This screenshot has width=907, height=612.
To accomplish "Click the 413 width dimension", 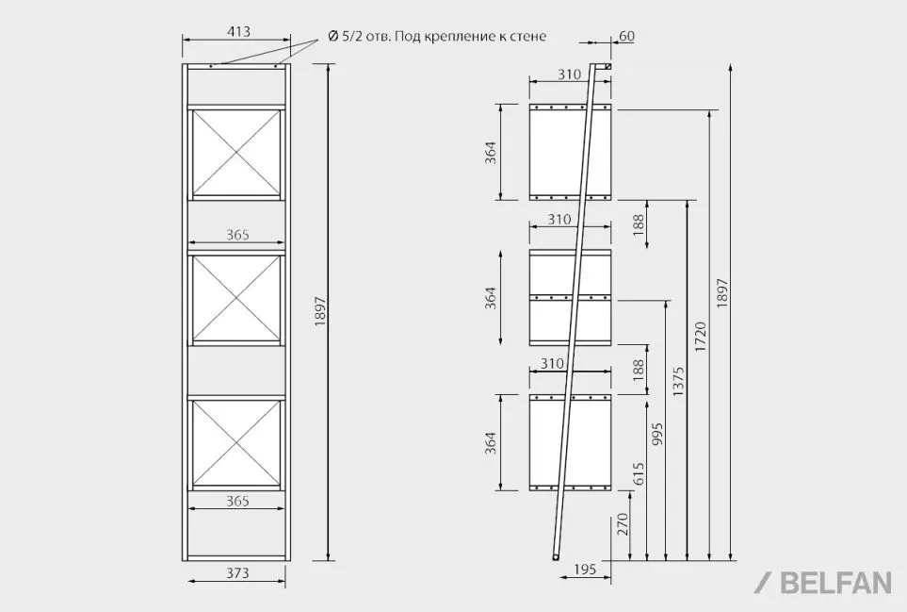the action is (x=238, y=31).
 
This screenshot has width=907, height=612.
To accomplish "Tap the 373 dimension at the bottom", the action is (x=237, y=572).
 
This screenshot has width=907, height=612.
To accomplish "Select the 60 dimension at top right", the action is (x=626, y=36).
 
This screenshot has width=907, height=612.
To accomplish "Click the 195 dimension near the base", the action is (x=585, y=570).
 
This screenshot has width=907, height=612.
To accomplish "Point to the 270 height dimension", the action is (x=623, y=524).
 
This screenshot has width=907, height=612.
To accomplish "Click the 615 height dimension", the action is (x=639, y=473).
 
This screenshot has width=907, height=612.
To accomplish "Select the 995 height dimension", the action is (x=657, y=435).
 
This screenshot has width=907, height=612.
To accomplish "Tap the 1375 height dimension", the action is (x=678, y=381).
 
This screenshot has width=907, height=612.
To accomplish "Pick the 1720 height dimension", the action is (x=701, y=337).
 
